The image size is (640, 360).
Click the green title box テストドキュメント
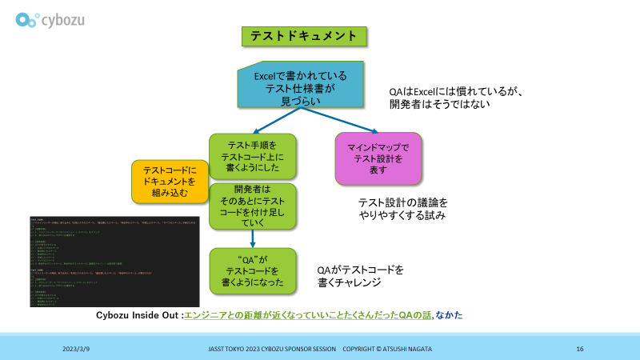click(303, 36)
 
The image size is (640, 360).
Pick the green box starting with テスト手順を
click(253, 155)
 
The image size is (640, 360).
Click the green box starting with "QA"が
click(253, 269)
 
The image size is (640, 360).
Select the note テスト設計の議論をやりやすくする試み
click(402, 209)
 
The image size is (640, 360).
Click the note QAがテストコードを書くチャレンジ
click(361, 276)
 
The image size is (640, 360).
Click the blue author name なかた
click(450, 315)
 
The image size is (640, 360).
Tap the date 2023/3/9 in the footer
click(77, 350)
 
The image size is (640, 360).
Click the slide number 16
click(580, 350)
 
